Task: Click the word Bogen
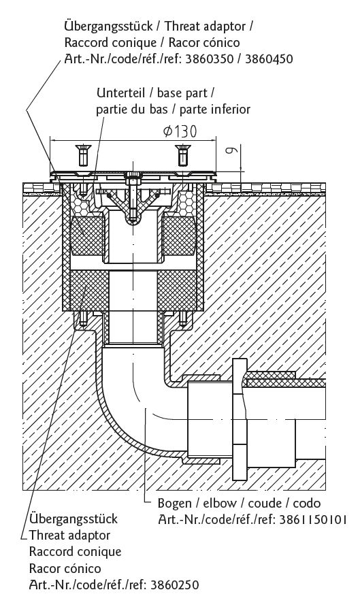point(174,504)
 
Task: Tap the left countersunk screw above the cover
point(82,156)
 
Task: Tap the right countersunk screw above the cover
point(182,156)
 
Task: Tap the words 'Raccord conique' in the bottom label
point(76,551)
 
